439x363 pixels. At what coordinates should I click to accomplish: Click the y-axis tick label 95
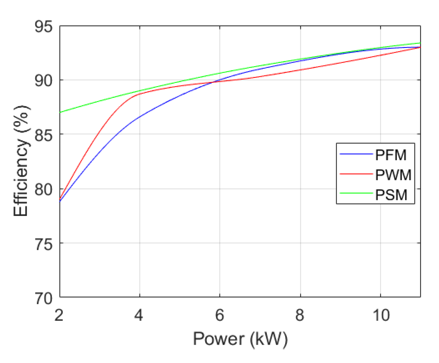click(x=44, y=27)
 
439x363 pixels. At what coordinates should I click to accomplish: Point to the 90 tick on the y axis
click(x=44, y=81)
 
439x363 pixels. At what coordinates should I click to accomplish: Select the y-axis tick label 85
click(x=44, y=135)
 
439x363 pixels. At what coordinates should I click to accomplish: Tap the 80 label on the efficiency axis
click(x=44, y=189)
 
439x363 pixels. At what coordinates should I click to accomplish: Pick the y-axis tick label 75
click(x=44, y=244)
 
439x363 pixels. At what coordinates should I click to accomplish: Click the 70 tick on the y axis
click(x=44, y=298)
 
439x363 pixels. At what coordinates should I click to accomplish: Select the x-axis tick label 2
click(x=59, y=315)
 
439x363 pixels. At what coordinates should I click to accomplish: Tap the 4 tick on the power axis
click(x=139, y=315)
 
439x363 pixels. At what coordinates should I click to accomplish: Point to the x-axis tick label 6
click(x=219, y=315)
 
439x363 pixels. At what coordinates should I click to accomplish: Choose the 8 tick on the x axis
click(x=300, y=315)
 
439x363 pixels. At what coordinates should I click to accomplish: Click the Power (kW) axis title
click(x=240, y=339)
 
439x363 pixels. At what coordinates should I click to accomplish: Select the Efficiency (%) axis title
click(x=21, y=161)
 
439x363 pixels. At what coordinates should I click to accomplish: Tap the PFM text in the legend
click(x=391, y=155)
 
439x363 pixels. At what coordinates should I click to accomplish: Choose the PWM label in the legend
click(x=393, y=175)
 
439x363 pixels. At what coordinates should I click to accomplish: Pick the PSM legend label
click(x=391, y=195)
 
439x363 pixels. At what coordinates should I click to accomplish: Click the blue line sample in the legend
click(x=355, y=154)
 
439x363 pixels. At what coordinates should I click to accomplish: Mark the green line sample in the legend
click(x=355, y=193)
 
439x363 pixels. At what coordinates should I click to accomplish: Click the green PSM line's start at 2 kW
click(x=60, y=112)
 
